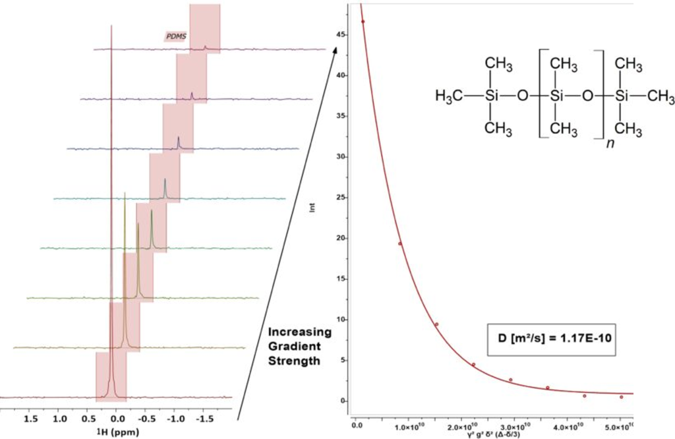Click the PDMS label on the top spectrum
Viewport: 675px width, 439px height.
click(175, 37)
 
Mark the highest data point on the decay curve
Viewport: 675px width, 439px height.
click(363, 22)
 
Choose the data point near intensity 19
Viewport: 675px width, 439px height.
click(399, 244)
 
